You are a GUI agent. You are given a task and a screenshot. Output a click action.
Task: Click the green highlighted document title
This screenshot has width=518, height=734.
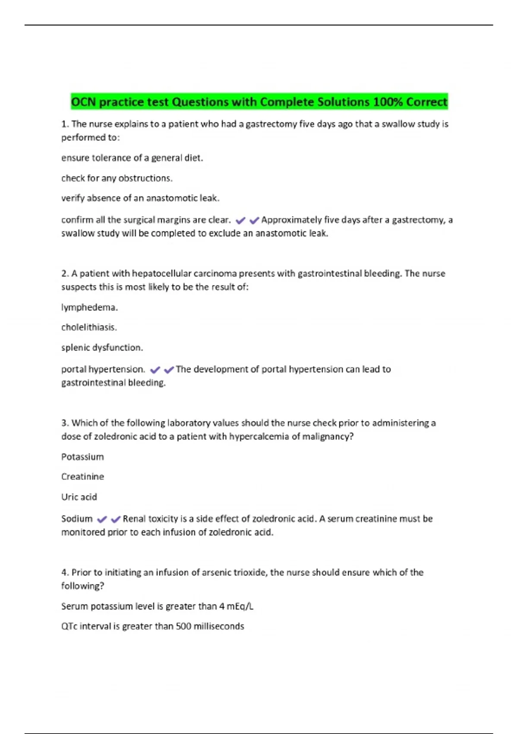[259, 102]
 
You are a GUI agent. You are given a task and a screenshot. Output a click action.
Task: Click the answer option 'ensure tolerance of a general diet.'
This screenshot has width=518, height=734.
[132, 158]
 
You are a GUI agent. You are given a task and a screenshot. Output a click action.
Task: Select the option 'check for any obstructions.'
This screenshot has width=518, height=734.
[117, 178]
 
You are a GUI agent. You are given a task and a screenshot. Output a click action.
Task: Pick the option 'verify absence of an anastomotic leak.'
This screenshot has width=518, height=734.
[140, 198]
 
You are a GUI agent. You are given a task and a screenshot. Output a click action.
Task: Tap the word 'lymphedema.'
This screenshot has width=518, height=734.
[89, 307]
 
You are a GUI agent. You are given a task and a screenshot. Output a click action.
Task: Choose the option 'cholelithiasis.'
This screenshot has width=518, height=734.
[89, 327]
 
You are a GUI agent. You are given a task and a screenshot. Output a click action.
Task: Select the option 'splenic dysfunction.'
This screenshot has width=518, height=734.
[102, 348]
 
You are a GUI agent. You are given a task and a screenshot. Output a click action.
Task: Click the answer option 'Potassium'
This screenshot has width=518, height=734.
[82, 457]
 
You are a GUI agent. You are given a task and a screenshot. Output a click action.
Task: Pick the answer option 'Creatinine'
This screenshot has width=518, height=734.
[82, 477]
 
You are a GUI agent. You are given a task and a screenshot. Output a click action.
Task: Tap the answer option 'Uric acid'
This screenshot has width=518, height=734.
[79, 497]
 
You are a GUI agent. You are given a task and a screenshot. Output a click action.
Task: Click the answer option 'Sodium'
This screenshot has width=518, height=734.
[77, 519]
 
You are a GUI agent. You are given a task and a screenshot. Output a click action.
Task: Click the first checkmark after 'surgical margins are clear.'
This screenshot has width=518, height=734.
[240, 221]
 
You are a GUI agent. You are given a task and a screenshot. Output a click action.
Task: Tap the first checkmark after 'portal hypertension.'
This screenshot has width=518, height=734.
[155, 370]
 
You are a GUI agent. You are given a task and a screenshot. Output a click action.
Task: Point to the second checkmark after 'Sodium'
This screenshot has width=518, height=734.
[116, 519]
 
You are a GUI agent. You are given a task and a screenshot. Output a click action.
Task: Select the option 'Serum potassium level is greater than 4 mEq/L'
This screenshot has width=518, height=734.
[157, 606]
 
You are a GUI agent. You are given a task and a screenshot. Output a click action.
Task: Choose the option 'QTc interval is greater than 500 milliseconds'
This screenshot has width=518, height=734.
[152, 626]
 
